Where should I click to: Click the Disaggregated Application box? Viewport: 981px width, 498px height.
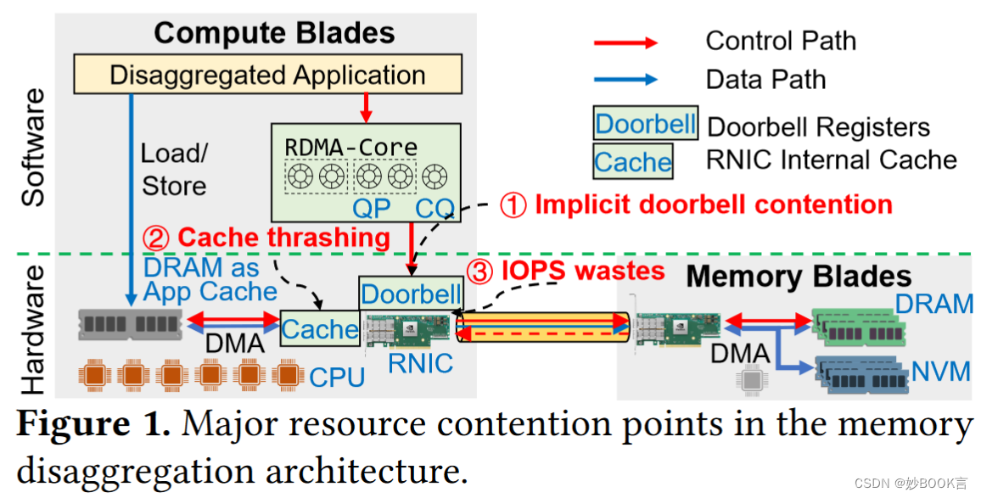point(268,75)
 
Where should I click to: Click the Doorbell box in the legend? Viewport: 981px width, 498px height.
point(645,125)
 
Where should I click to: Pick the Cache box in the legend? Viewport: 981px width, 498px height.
point(632,162)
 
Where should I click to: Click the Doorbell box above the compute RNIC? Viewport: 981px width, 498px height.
point(411,294)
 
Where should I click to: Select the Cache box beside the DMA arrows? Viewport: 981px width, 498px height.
point(320,329)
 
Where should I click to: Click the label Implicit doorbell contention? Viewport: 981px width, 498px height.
point(713,204)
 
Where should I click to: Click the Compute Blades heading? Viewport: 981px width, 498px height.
point(274,33)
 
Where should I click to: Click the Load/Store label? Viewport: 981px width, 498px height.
point(174,170)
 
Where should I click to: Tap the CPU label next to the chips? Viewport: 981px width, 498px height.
point(337,377)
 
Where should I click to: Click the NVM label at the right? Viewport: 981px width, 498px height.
point(940,371)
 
